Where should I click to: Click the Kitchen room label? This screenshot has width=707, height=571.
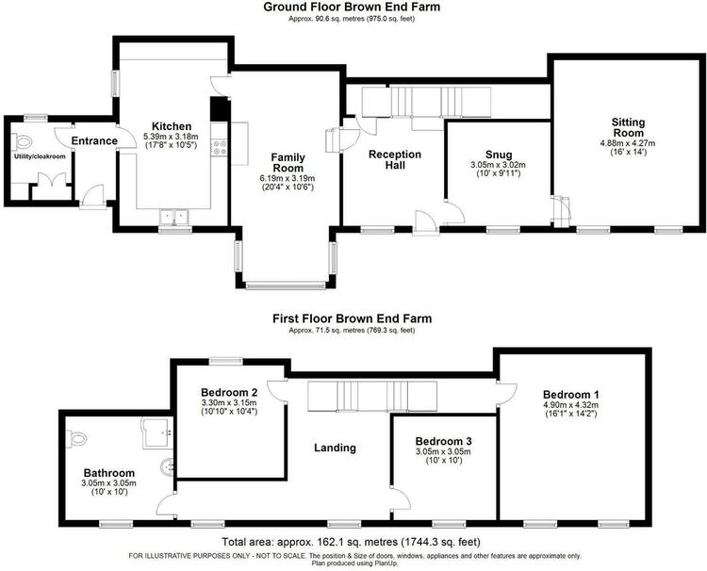click(172, 126)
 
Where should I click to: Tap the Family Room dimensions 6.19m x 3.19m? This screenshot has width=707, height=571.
click(288, 178)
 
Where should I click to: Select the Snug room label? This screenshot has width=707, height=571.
click(499, 155)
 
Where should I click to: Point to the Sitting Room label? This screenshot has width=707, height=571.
click(628, 127)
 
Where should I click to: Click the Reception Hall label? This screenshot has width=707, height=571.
click(395, 160)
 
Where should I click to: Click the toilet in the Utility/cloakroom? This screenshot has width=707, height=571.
click(22, 142)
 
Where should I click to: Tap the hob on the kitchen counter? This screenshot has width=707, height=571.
click(219, 147)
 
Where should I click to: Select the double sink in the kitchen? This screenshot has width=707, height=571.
click(174, 218)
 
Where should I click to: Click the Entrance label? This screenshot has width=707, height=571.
click(94, 141)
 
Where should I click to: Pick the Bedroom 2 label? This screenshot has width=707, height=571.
click(229, 392)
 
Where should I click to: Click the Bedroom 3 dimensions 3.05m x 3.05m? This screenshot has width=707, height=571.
click(444, 452)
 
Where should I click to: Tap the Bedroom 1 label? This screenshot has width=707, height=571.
click(571, 395)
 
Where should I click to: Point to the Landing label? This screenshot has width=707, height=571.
click(335, 448)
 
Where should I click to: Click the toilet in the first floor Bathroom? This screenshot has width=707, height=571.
click(75, 438)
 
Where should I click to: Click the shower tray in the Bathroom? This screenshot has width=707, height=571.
click(157, 433)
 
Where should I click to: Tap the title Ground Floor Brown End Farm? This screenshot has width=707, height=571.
click(352, 7)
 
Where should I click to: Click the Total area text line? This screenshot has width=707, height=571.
click(352, 541)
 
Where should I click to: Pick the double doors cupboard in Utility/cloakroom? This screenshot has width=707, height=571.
click(52, 187)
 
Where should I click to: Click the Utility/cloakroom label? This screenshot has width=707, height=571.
click(40, 156)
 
